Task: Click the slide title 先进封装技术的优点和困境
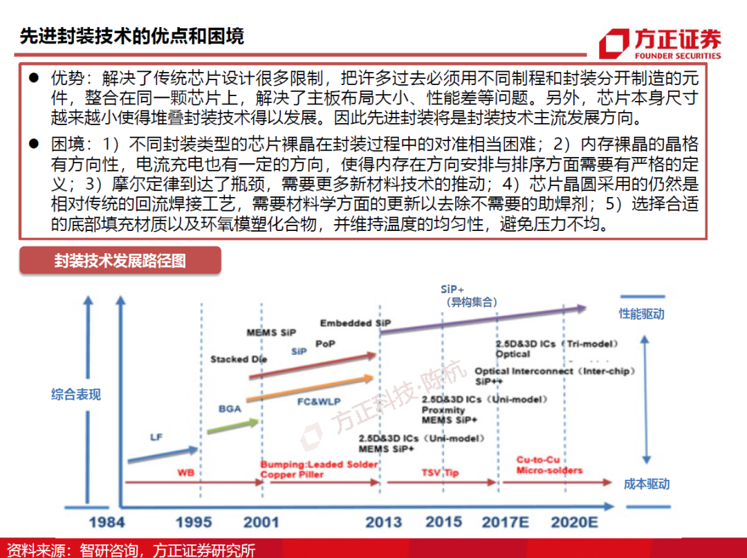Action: point(131,37)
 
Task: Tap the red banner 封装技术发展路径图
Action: point(120,261)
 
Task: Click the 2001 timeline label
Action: point(261,521)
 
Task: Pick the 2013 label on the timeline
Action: point(383,521)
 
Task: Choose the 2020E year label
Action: point(574,521)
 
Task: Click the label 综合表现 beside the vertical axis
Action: point(76,395)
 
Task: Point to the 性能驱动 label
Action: point(641,314)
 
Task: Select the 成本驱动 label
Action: point(647,484)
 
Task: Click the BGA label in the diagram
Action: point(230,409)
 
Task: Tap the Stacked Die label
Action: point(239,360)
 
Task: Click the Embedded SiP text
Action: point(356,324)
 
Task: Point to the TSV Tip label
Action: point(440,473)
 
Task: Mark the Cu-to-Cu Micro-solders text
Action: point(549,465)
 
